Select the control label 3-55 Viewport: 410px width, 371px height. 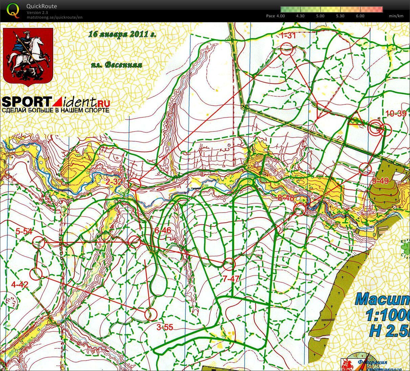point(165,327)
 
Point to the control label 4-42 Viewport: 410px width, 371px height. point(20,285)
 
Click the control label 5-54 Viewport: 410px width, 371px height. point(24,231)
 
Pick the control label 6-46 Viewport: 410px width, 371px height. point(163,230)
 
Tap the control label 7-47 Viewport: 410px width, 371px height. point(231,279)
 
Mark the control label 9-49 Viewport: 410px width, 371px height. point(380,181)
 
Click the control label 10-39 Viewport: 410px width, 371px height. point(396,114)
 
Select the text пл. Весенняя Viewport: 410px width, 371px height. point(116,65)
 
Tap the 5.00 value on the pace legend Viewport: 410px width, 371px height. point(320,16)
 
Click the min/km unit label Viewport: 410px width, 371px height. point(396,16)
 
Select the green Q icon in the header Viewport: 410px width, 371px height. point(13,9)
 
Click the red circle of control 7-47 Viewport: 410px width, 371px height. point(229,264)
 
